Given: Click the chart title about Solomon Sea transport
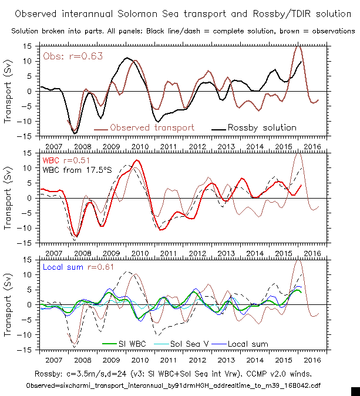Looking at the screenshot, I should pos(180,13).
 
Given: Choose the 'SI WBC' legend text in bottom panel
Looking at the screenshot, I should pos(133,344).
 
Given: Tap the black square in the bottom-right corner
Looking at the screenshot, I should pos(355,391).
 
